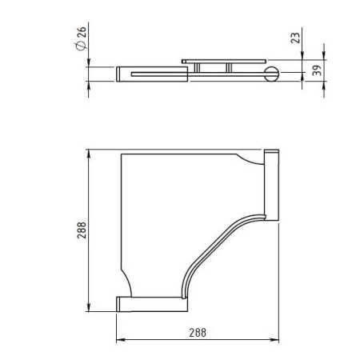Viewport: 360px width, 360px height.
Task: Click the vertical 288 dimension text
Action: [82, 231]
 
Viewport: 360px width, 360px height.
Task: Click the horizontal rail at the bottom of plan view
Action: [152, 302]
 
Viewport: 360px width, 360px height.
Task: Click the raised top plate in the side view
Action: [223, 61]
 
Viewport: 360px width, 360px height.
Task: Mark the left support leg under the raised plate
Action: [196, 69]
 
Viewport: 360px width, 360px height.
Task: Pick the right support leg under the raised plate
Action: [229, 68]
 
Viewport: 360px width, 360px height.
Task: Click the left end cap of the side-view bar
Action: [121, 74]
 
